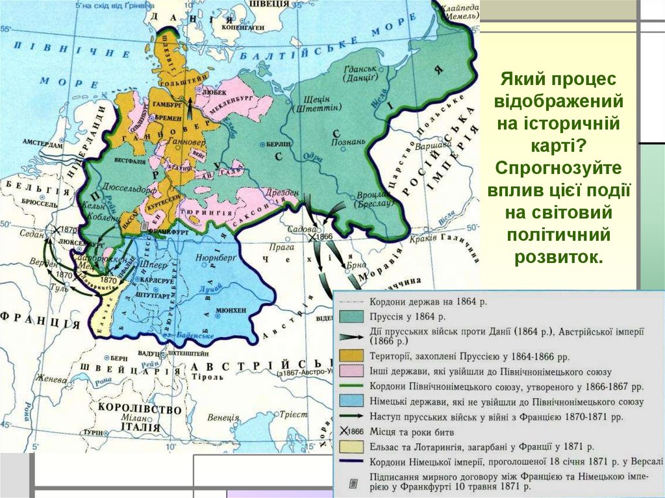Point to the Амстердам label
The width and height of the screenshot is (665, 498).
pos(41,142)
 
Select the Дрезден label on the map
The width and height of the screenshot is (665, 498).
pos(281,193)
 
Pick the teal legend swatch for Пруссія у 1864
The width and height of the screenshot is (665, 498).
pos(351,316)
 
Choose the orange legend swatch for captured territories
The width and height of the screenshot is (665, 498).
pos(351,356)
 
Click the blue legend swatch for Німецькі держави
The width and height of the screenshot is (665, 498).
pos(351,401)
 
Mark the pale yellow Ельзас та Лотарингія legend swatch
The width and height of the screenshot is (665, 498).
pos(351,447)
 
